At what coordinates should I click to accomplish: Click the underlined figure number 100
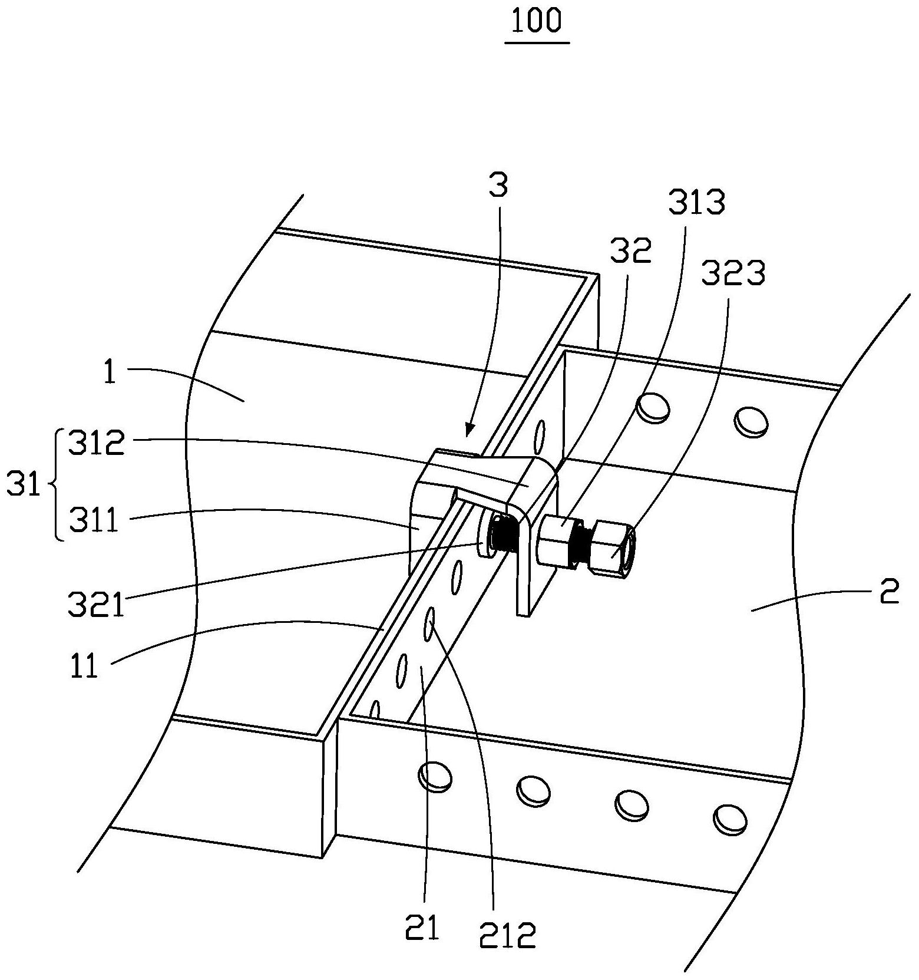pos(537,21)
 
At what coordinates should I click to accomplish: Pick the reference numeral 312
pos(97,443)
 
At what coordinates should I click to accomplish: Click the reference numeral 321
pos(96,605)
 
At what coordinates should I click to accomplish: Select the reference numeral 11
pos(84,668)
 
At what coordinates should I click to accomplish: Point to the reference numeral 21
pos(422,928)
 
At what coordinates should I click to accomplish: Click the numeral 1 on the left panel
pos(110,373)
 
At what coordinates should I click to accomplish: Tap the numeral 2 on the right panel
pos(889,592)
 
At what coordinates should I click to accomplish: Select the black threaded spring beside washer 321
pos(504,535)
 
